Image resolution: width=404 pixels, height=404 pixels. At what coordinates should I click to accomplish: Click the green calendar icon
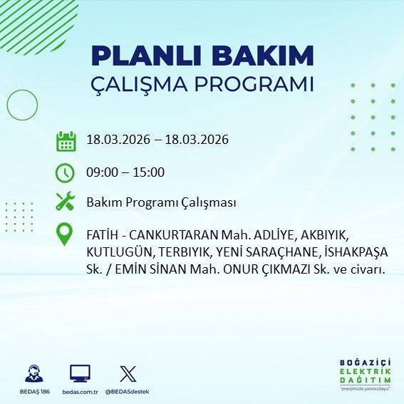[x=66, y=140]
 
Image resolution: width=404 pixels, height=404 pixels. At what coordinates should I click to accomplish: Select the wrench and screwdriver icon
[x=66, y=202]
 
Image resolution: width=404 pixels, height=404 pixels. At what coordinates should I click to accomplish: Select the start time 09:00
[x=101, y=172]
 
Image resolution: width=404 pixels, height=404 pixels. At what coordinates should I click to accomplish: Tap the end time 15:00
[x=150, y=172]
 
